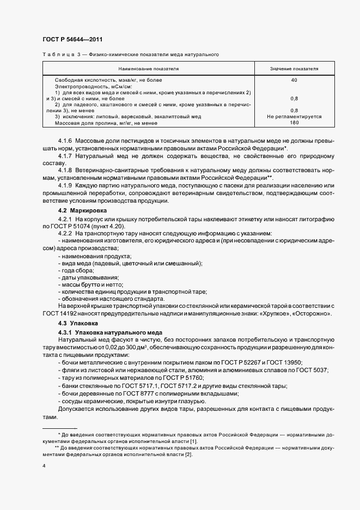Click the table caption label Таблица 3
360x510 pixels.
tap(60, 55)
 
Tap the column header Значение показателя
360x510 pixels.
tap(294, 69)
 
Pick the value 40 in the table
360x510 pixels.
tap(294, 80)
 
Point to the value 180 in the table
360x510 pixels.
tap(294, 122)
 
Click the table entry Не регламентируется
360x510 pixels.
tap(294, 117)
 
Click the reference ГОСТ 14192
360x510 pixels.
tap(60, 315)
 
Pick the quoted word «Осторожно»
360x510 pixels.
tap(309, 315)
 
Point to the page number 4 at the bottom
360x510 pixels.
tap(44, 466)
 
